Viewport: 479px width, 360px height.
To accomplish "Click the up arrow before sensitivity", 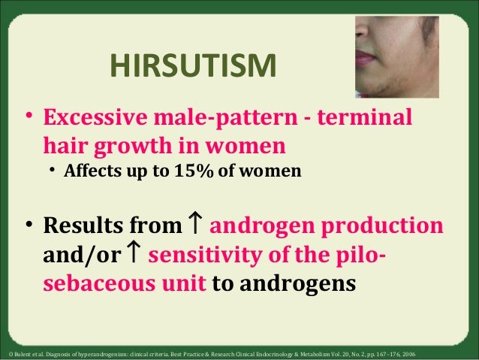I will (x=136, y=255).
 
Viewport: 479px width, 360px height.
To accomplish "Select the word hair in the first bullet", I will (x=66, y=144).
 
